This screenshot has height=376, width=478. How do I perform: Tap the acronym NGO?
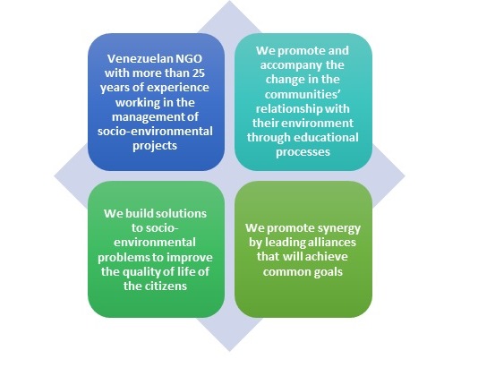(x=187, y=58)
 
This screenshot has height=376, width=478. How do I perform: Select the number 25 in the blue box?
(x=199, y=73)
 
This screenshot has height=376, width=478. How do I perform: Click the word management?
(x=146, y=117)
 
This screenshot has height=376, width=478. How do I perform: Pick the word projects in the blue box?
(x=155, y=146)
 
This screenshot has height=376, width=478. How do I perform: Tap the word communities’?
(x=303, y=95)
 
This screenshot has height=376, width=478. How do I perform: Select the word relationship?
(x=286, y=109)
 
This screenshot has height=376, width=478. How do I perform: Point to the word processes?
(x=303, y=152)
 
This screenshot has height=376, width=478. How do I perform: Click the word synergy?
(x=338, y=228)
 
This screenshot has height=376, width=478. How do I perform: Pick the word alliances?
(x=331, y=243)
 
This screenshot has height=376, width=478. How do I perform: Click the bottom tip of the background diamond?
(x=229, y=352)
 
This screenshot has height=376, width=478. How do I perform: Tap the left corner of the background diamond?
(x=54, y=176)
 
